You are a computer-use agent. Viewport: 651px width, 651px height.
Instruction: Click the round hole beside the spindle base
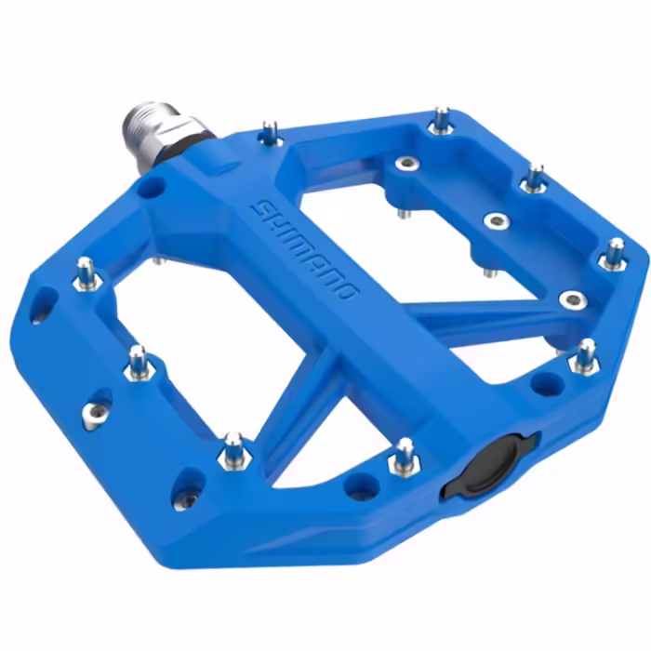pos(150,188)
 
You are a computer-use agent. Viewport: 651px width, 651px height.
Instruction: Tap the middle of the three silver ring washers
pos(498,221)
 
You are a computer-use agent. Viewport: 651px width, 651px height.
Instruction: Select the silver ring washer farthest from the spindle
pos(571,299)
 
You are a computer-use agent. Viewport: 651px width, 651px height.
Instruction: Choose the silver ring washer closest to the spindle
pos(406,164)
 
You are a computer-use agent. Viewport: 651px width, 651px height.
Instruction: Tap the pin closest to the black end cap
pos(404,457)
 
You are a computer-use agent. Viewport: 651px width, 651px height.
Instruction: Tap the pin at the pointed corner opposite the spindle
pos(614,254)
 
